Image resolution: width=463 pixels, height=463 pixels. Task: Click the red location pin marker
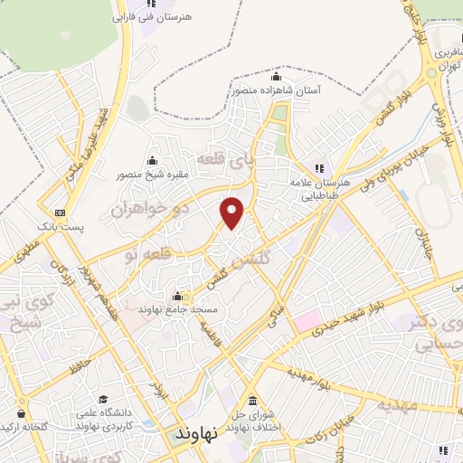pos(232,212)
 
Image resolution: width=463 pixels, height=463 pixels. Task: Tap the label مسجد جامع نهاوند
pos(179,309)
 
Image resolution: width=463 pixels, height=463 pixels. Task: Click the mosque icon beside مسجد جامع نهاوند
pos(176,296)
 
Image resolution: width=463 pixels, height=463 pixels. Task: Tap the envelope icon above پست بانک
pos(60,211)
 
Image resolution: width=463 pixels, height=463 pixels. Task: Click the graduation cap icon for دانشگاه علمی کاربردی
pos(103,399)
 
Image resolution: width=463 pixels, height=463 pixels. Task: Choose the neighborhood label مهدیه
pos(398,404)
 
